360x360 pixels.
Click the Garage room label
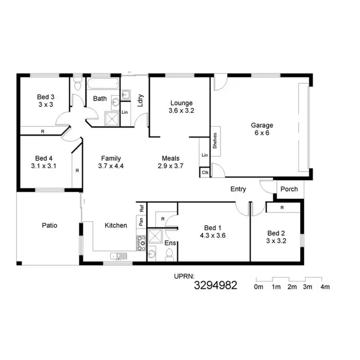pyautogui.click(x=262, y=126)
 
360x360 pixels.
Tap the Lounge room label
pyautogui.click(x=181, y=103)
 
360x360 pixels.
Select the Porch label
pyautogui.click(x=288, y=189)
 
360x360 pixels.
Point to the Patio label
pyautogui.click(x=49, y=225)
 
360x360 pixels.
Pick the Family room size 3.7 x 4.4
pyautogui.click(x=110, y=167)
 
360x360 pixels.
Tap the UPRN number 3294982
pyautogui.click(x=216, y=286)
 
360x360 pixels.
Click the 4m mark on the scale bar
pyautogui.click(x=325, y=287)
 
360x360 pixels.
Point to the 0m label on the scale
pyautogui.click(x=258, y=287)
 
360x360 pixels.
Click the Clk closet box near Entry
pyautogui.click(x=205, y=172)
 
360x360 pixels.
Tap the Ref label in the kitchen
pyautogui.click(x=142, y=209)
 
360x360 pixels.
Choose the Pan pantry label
pyautogui.click(x=141, y=221)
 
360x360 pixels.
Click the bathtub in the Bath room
pyautogui.click(x=102, y=84)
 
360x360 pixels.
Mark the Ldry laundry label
pyautogui.click(x=141, y=101)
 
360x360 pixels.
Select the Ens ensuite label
pyautogui.click(x=169, y=243)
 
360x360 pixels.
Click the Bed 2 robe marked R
pyautogui.click(x=282, y=208)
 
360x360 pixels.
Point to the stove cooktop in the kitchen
pyautogui.click(x=141, y=244)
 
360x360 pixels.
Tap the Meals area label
pyautogui.click(x=170, y=158)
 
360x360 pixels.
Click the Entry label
pyautogui.click(x=238, y=189)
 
